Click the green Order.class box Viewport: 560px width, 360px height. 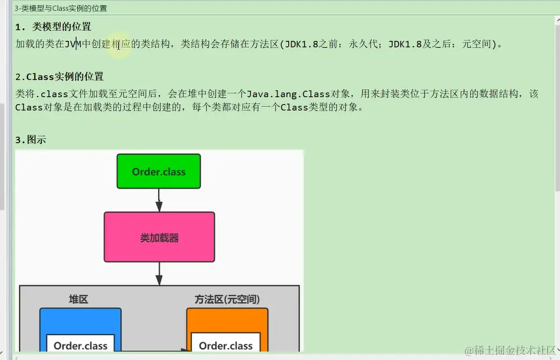click(159, 171)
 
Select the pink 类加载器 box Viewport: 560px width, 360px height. click(159, 237)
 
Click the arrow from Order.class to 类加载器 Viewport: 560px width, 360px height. click(159, 200)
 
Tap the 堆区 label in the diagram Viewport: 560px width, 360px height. click(79, 300)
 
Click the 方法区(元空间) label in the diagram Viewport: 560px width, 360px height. click(227, 300)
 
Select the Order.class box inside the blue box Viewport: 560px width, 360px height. click(80, 345)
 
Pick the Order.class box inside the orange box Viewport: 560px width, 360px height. click(226, 345)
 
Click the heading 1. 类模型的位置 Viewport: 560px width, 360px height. click(53, 27)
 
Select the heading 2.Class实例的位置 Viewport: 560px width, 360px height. click(60, 77)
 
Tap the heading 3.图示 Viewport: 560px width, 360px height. click(30, 140)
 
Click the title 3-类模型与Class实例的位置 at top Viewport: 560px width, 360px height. click(60, 9)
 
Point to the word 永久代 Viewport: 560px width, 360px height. click(364, 44)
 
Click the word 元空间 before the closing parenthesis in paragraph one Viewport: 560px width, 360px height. click(477, 44)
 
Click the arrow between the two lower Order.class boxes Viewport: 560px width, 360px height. click(152, 350)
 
